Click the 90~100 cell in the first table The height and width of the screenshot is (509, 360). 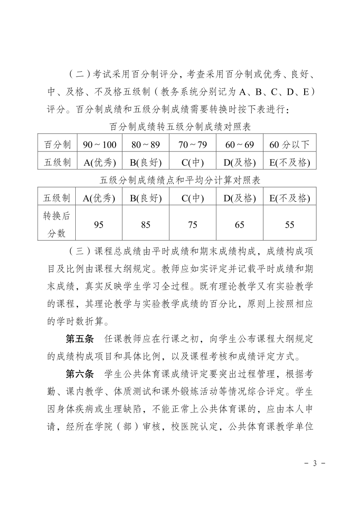pos(100,145)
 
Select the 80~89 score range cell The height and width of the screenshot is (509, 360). pos(146,145)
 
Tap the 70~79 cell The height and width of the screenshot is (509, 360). pos(193,145)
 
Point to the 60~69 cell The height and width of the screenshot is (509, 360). pos(240,145)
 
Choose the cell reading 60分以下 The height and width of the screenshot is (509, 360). pos(290,145)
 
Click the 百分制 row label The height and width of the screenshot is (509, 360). pos(58,145)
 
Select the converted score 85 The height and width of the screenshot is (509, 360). pos(146,225)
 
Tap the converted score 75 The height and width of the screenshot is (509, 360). pos(193,225)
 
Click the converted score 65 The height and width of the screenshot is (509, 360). pos(240,225)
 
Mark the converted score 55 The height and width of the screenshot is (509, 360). pos(290,225)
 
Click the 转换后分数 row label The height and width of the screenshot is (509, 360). pos(57,224)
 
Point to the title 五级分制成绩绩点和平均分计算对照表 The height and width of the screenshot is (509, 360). pos(180,180)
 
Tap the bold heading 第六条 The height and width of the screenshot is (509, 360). pos(80,374)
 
